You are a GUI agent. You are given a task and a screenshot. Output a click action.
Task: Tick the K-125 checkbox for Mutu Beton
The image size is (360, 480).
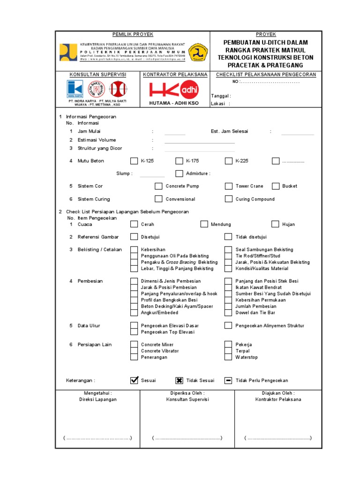pyautogui.click(x=134, y=161)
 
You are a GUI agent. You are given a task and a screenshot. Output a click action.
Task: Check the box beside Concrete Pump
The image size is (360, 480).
pyautogui.click(x=158, y=186)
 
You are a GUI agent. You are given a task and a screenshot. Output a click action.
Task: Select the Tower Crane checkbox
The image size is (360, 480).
pyautogui.click(x=228, y=186)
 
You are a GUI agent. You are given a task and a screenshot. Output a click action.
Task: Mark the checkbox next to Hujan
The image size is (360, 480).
pyautogui.click(x=275, y=224)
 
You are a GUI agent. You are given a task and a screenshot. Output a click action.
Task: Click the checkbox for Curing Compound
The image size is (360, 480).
pyautogui.click(x=228, y=199)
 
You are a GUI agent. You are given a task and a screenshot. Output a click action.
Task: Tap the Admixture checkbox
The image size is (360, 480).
pyautogui.click(x=179, y=173)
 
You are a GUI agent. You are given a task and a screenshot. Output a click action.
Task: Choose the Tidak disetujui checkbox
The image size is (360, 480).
pyautogui.click(x=228, y=237)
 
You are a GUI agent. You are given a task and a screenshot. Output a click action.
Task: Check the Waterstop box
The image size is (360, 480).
pyautogui.click(x=228, y=357)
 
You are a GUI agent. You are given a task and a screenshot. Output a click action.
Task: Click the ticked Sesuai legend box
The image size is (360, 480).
pyautogui.click(x=134, y=380)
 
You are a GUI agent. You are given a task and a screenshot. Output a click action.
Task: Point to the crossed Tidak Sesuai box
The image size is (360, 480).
pyautogui.click(x=179, y=380)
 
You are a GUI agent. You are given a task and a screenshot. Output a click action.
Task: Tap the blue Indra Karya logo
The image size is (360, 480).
pyautogui.click(x=75, y=89)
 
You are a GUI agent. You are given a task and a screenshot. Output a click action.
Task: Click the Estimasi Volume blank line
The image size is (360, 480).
pyautogui.click(x=199, y=142)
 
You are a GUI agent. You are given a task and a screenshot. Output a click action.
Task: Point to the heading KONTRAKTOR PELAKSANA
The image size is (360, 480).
pyautogui.click(x=175, y=75)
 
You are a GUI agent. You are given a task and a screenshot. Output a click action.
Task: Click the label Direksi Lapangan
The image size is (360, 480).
pyautogui.click(x=97, y=399)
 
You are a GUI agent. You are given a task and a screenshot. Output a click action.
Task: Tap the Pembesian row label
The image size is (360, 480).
pyautogui.click(x=90, y=281)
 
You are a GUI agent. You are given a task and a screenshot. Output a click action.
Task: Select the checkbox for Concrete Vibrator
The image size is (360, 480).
pyautogui.click(x=134, y=351)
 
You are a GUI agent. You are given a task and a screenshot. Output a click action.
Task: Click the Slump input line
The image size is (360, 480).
pyautogui.click(x=152, y=176)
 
